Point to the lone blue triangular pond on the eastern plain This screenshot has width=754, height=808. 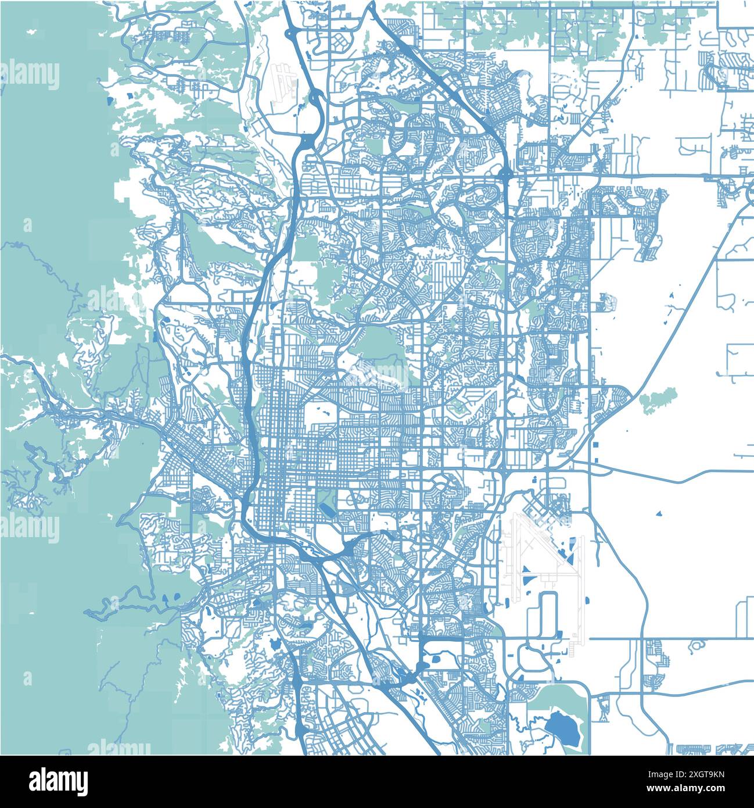click(659, 514)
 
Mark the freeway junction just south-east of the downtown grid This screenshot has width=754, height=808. click(348, 546)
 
